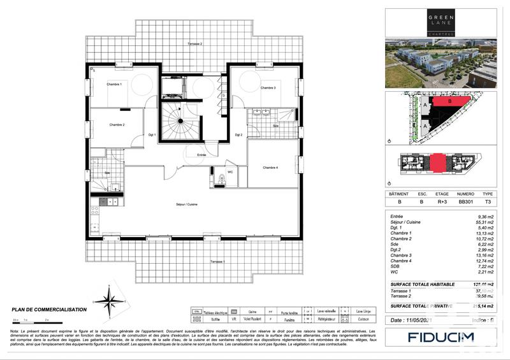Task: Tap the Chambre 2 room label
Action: [x=117, y=125]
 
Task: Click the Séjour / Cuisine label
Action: [x=187, y=204]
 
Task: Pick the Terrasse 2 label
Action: [x=194, y=44]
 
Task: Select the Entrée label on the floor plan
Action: [x=201, y=155]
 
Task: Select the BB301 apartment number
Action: [x=465, y=201]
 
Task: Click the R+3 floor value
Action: [x=442, y=201]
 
